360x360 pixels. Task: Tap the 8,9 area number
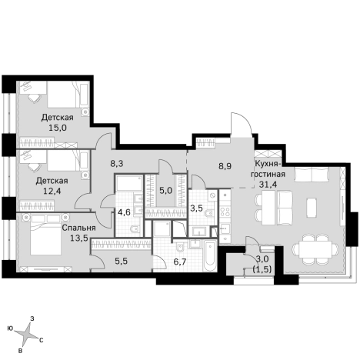225,165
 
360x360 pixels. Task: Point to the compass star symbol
26,333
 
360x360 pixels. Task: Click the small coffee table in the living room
312,208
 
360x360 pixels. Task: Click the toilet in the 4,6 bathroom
133,230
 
